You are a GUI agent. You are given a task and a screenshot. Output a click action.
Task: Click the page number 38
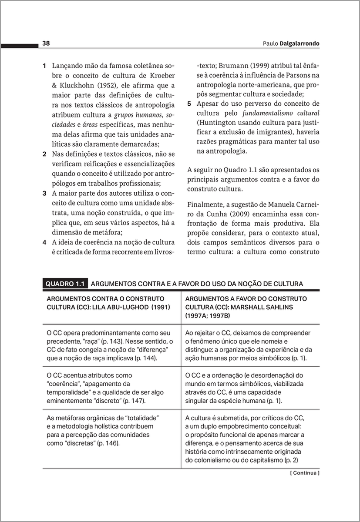(46, 43)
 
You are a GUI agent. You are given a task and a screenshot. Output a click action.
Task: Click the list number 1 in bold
(44, 66)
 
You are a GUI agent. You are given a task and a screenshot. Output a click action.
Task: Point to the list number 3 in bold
(44, 193)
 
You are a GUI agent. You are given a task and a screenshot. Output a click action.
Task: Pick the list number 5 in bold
(189, 104)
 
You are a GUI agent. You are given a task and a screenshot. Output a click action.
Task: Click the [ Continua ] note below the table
(305, 472)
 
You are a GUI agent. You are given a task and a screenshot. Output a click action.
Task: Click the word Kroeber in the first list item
(161, 76)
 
